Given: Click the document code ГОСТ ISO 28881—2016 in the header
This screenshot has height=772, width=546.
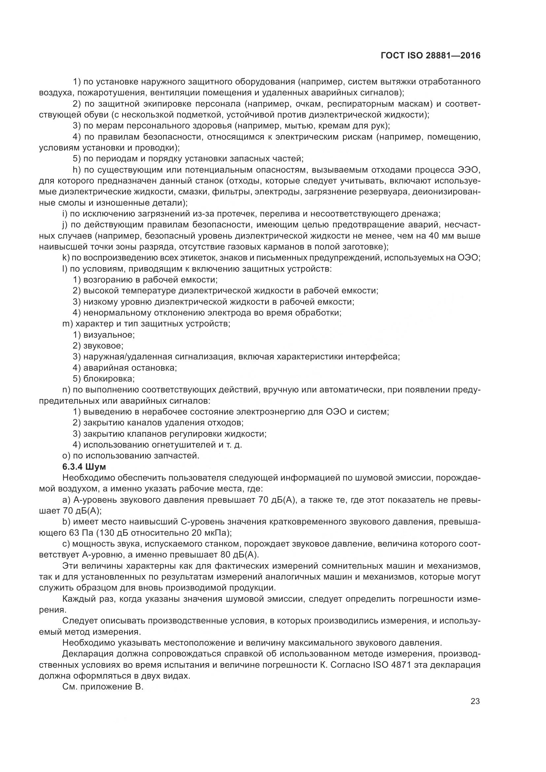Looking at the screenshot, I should pos(431,56).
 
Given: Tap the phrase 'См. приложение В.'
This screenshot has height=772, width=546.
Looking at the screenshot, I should pos(103,687).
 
